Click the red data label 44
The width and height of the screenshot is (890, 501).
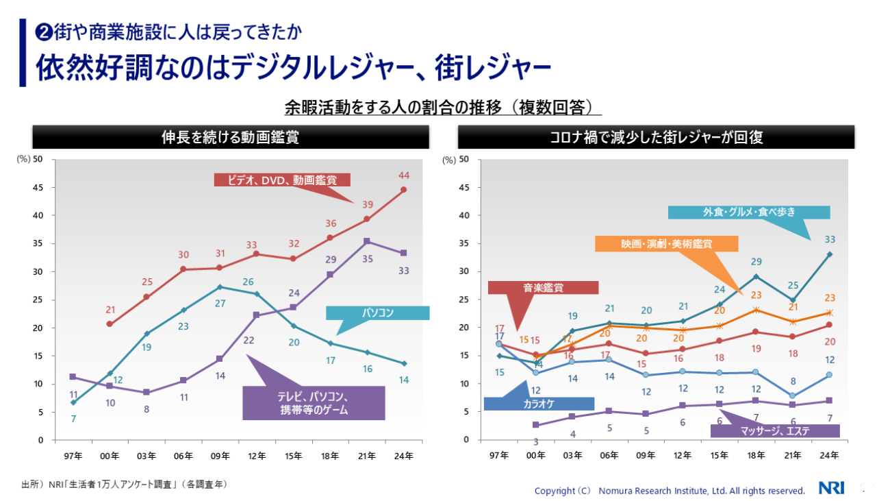[403, 176]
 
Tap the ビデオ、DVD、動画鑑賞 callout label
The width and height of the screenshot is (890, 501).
[282, 180]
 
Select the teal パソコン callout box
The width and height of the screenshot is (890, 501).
[377, 313]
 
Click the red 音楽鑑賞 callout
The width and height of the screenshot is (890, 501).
[543, 288]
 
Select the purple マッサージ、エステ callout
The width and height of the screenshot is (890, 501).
[775, 431]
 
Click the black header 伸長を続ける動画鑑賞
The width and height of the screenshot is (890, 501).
[230, 137]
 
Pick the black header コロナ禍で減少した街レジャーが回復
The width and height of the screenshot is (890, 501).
[656, 137]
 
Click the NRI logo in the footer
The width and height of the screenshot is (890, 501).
[832, 488]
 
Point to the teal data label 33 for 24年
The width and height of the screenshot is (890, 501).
[829, 239]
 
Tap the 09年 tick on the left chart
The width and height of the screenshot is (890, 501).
[220, 455]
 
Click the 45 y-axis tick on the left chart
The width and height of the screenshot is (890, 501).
[38, 187]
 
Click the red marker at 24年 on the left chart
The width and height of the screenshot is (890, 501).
[403, 189]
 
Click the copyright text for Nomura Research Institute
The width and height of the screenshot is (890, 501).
[670, 491]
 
